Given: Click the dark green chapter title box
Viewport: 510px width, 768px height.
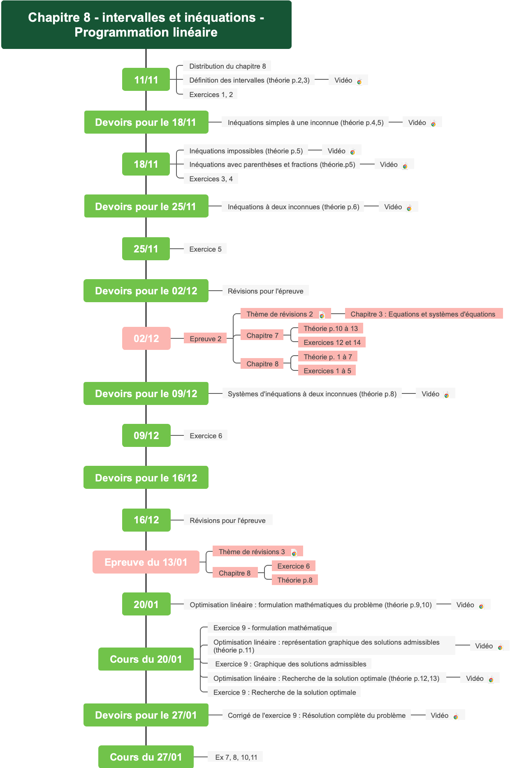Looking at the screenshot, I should pyautogui.click(x=146, y=25).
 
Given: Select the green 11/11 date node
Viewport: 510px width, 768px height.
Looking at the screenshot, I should pyautogui.click(x=146, y=80).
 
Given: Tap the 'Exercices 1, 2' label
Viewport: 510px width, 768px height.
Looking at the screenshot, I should pyautogui.click(x=211, y=95).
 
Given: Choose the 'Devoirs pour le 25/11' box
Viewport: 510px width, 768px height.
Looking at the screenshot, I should pyautogui.click(x=146, y=206).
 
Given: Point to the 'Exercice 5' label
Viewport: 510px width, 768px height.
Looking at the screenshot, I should pyautogui.click(x=205, y=249).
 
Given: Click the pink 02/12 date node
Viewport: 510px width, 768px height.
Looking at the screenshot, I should pyautogui.click(x=146, y=338).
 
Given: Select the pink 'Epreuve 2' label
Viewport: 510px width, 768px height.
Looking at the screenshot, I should pyautogui.click(x=205, y=339).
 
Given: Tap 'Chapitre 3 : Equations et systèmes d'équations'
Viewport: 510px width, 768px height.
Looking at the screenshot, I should pyautogui.click(x=423, y=314).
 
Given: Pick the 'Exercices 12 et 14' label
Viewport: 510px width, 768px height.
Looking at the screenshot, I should pyautogui.click(x=332, y=342).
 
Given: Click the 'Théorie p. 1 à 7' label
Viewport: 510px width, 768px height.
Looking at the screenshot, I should pyautogui.click(x=328, y=357).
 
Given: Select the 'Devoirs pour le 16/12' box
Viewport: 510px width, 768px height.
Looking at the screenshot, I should pyautogui.click(x=146, y=478).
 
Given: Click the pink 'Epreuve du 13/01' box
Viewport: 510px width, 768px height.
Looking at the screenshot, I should pyautogui.click(x=146, y=562).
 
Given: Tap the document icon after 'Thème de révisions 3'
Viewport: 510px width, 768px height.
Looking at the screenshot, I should pyautogui.click(x=294, y=553).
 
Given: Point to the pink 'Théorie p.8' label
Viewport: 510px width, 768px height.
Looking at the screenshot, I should pyautogui.click(x=295, y=580).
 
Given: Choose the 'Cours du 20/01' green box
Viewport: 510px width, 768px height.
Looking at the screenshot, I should pyautogui.click(x=146, y=659).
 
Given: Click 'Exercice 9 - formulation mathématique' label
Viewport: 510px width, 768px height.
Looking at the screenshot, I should pyautogui.click(x=272, y=628).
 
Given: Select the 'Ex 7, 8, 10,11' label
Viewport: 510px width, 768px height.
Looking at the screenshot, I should pyautogui.click(x=236, y=757).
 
